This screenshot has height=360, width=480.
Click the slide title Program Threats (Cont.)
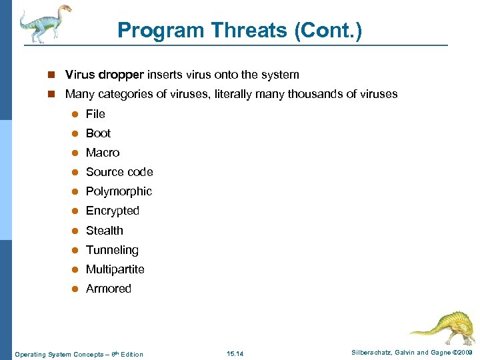[x=239, y=30]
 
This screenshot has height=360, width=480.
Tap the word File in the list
[x=95, y=114]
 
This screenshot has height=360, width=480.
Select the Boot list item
[x=98, y=133]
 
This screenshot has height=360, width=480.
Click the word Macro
[x=103, y=153]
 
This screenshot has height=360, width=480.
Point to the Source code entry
[x=119, y=172]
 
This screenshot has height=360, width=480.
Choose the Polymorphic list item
[x=119, y=191]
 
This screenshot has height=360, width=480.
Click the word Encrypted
[x=113, y=211]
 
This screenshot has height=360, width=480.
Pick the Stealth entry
[x=105, y=231]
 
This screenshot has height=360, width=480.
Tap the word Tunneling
[x=112, y=250]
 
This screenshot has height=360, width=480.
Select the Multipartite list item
[x=115, y=269]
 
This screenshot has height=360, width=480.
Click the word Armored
[x=109, y=289]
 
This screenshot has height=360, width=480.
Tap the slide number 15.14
[x=235, y=353]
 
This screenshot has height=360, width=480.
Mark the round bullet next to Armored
[x=75, y=289]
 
